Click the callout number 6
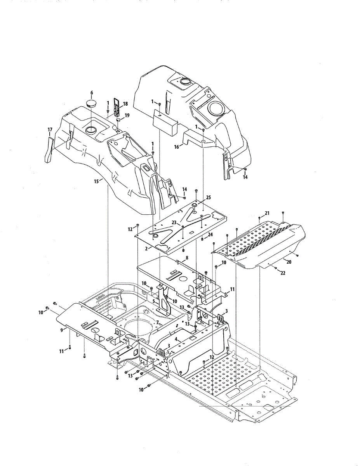point(92,92)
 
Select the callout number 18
point(125,104)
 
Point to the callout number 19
point(127,115)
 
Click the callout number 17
point(50,129)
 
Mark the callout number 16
point(177,146)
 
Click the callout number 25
point(209,197)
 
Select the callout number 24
point(210,235)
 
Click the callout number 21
point(267,213)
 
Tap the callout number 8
point(187,257)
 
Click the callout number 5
point(154,301)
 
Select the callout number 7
point(157,322)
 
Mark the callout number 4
point(176,339)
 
